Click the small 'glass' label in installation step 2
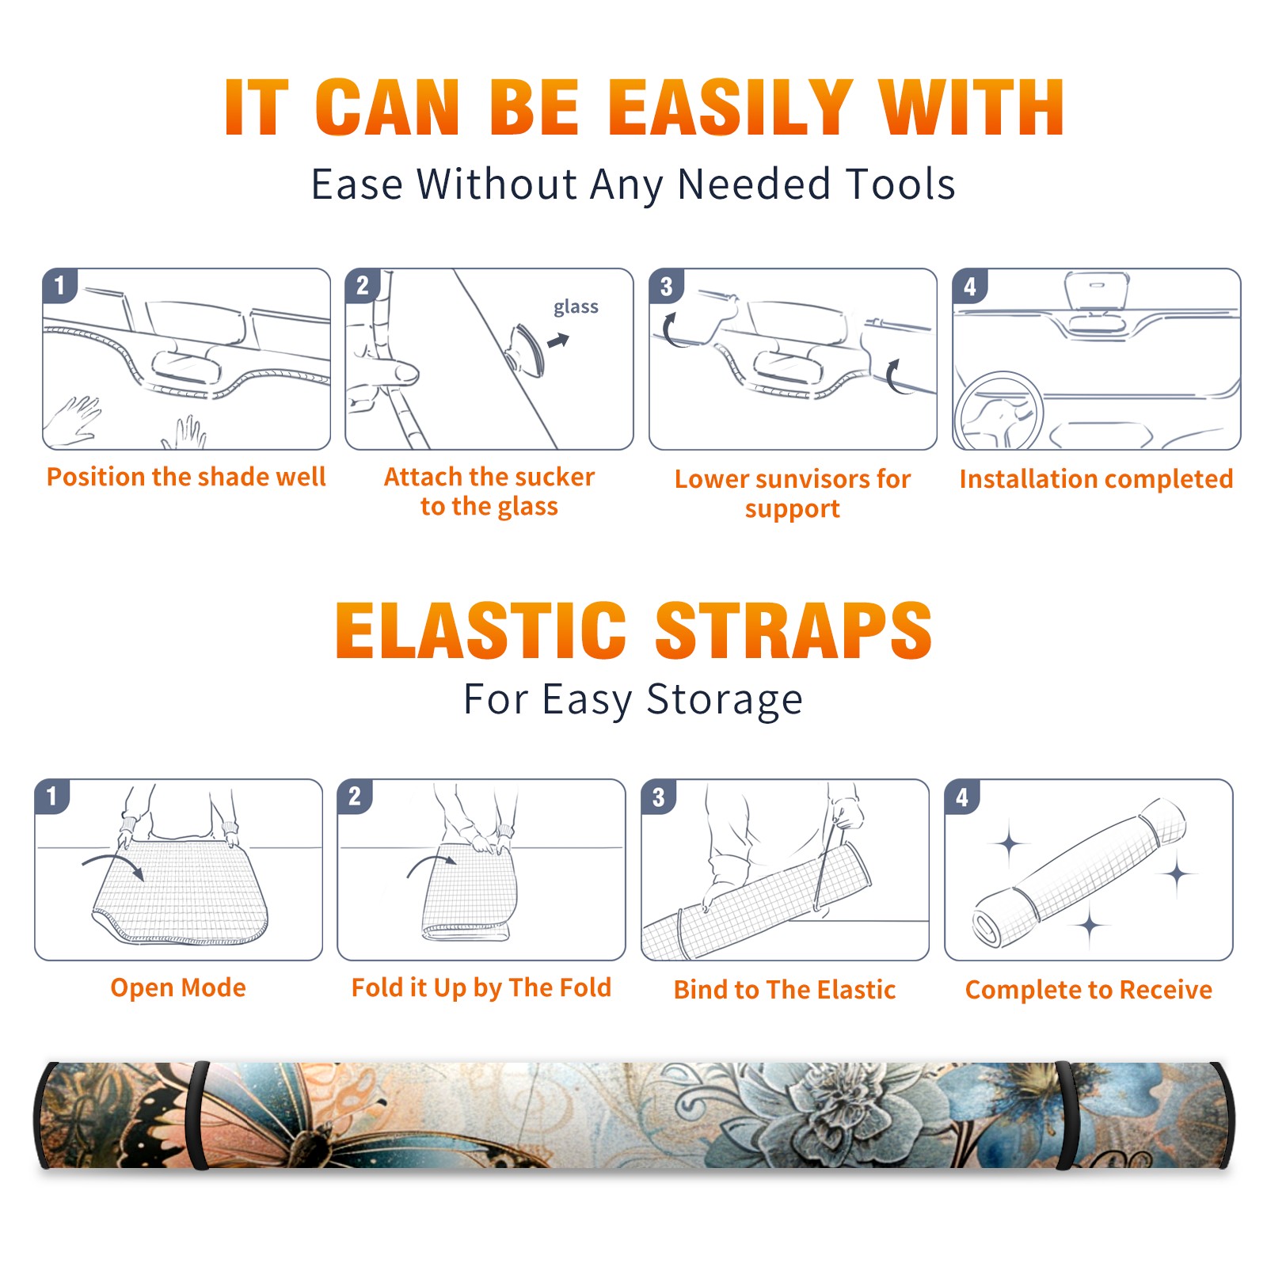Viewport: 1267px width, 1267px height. click(x=576, y=307)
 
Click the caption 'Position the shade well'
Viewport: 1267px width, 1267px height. click(x=186, y=477)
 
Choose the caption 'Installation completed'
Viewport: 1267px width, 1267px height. click(x=1096, y=479)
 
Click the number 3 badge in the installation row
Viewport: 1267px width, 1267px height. click(x=666, y=286)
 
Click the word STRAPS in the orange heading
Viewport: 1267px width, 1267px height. click(x=793, y=630)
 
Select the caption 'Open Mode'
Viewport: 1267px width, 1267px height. click(x=178, y=987)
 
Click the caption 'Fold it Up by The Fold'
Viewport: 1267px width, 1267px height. click(x=481, y=987)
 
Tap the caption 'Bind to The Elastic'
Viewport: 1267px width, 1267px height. click(x=785, y=990)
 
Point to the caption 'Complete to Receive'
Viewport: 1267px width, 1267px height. click(x=1089, y=990)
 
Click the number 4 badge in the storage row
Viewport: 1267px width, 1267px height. click(x=962, y=797)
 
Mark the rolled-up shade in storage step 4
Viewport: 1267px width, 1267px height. click(x=1079, y=873)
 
